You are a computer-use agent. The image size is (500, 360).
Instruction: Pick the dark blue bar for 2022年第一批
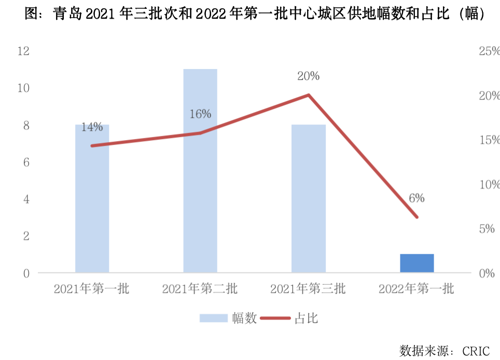416,263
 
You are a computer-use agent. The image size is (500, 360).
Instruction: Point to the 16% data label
200,114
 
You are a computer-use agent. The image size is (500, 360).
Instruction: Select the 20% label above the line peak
308,76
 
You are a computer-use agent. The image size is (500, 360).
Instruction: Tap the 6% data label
416,198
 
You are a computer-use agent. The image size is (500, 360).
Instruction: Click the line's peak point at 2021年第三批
308,95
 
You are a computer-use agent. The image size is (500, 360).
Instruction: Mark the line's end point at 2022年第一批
416,217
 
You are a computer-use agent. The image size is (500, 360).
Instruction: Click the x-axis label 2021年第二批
200,288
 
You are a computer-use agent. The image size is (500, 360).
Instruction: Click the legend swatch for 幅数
214,318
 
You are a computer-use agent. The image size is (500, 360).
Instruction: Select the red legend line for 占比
275,318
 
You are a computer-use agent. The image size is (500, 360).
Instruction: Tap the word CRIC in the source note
476,351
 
